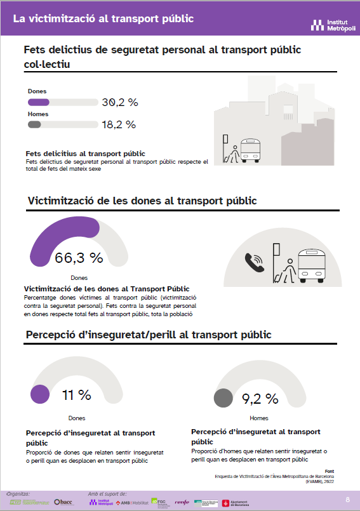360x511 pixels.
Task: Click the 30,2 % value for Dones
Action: pyautogui.click(x=119, y=102)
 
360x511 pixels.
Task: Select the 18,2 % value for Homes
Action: pyautogui.click(x=119, y=124)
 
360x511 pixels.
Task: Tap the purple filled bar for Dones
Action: pyautogui.click(x=39, y=102)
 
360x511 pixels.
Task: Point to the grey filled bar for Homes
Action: pyautogui.click(x=35, y=124)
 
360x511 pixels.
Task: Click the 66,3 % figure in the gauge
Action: pyautogui.click(x=79, y=258)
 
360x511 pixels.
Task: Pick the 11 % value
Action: pyautogui.click(x=76, y=395)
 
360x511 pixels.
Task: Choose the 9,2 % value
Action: pyautogui.click(x=260, y=399)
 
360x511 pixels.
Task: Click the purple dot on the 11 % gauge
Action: pyautogui.click(x=40, y=395)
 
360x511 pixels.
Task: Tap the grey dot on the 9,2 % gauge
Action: pyautogui.click(x=223, y=398)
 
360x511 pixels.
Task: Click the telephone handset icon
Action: pyautogui.click(x=255, y=262)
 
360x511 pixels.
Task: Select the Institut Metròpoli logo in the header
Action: pyautogui.click(x=328, y=25)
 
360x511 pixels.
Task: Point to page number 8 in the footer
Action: pyautogui.click(x=347, y=500)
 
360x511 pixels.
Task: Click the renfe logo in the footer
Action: pyautogui.click(x=182, y=502)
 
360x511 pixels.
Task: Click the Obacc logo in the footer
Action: pyautogui.click(x=63, y=502)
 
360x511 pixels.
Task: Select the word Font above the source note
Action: pyautogui.click(x=329, y=470)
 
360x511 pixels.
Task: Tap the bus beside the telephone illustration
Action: pyautogui.click(x=312, y=265)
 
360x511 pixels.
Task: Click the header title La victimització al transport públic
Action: pyautogui.click(x=103, y=18)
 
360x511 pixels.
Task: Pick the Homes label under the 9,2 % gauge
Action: pyautogui.click(x=258, y=418)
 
